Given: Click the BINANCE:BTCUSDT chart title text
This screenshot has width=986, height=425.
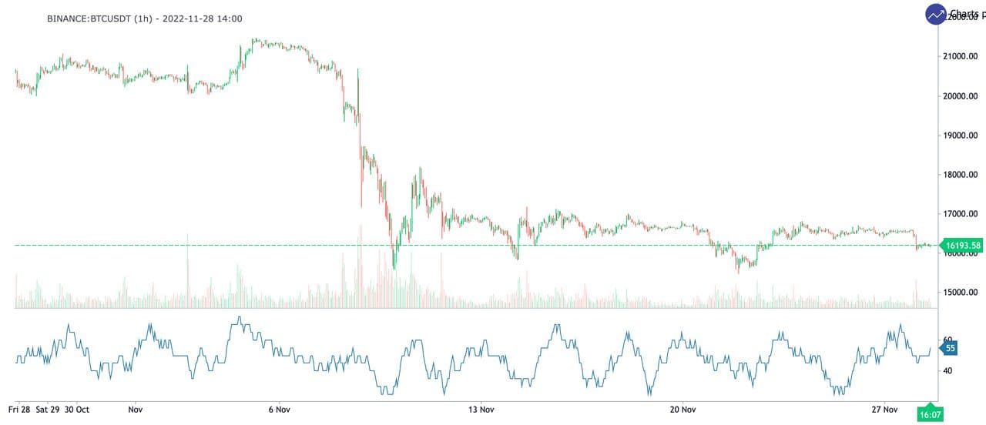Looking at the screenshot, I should coord(145,18).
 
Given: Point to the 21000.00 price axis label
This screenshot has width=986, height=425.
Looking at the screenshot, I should coord(961,56).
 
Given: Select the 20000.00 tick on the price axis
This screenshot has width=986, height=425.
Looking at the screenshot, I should coord(961,96).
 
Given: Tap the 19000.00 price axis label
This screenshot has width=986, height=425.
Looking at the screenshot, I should coord(961,136).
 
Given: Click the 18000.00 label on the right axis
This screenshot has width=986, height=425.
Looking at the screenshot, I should coord(961,175).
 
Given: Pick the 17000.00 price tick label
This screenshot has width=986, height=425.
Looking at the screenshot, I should coord(961,214).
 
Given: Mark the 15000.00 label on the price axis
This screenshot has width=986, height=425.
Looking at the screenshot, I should coord(961,293).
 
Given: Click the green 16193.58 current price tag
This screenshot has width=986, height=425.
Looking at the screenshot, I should coord(963,246).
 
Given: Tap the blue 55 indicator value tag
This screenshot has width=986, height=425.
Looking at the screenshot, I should coord(950,348).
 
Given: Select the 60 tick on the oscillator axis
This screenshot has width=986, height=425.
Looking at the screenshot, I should coord(947,340).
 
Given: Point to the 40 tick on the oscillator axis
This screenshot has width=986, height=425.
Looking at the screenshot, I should coord(947,370).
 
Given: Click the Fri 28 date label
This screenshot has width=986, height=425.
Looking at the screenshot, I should coord(19,410).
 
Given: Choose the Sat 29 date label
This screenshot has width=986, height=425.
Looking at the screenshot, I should coord(48,410).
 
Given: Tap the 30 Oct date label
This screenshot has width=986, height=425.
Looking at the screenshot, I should coord(77,410).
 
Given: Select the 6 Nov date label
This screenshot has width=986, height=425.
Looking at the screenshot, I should coord(279,410).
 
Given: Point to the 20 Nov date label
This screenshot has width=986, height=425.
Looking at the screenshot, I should coord(683,410).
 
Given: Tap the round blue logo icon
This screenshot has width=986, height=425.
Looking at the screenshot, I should coord(936,14).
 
